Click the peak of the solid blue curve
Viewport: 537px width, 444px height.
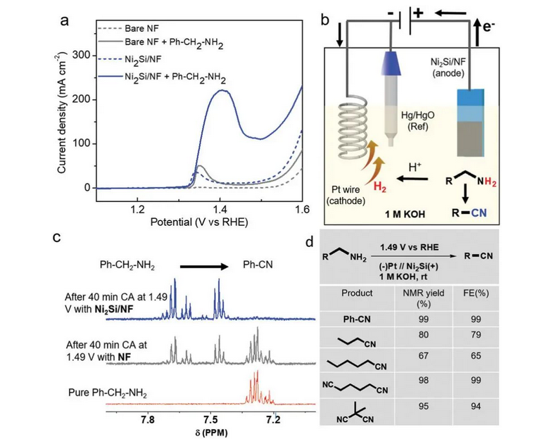221,91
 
